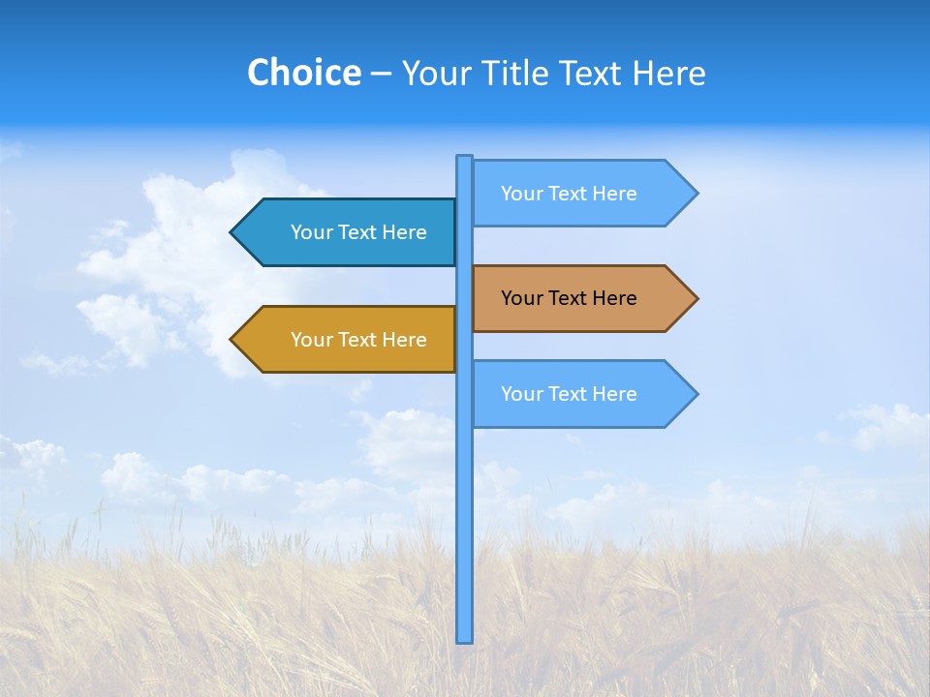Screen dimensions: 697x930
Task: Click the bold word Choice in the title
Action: (303, 73)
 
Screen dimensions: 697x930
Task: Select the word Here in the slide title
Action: (668, 73)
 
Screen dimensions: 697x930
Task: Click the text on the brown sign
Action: (569, 298)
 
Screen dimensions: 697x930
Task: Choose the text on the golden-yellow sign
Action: (358, 340)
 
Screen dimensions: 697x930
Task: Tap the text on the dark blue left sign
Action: (358, 232)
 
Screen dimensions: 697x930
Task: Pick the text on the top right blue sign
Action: (569, 194)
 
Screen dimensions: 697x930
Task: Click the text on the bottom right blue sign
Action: (569, 394)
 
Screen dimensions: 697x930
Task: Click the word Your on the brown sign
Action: (521, 298)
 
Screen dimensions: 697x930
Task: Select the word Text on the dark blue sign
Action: (357, 232)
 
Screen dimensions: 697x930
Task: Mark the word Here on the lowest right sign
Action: (614, 394)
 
